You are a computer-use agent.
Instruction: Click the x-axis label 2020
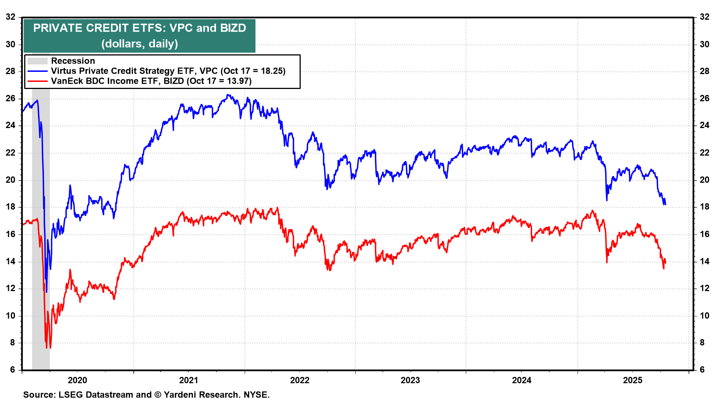pyautogui.click(x=77, y=380)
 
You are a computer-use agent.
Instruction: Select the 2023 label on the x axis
pyautogui.click(x=410, y=380)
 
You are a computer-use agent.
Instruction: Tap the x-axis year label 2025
pyautogui.click(x=633, y=380)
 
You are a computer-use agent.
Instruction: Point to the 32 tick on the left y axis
pyautogui.click(x=10, y=17)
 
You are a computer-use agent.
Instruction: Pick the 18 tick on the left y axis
pyautogui.click(x=10, y=207)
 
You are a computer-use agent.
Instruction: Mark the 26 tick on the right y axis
pyautogui.click(x=704, y=99)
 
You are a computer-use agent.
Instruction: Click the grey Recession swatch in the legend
pyautogui.click(x=37, y=61)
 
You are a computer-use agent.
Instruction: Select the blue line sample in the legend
pyautogui.click(x=37, y=71)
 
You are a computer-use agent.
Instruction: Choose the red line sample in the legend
pyautogui.click(x=37, y=81)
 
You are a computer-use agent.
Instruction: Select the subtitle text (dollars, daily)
pyautogui.click(x=140, y=44)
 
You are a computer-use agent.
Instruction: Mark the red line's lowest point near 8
pyautogui.click(x=47, y=348)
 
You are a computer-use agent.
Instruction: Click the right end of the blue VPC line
pyautogui.click(x=665, y=204)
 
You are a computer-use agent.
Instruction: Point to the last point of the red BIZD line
pyautogui.click(x=665, y=262)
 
